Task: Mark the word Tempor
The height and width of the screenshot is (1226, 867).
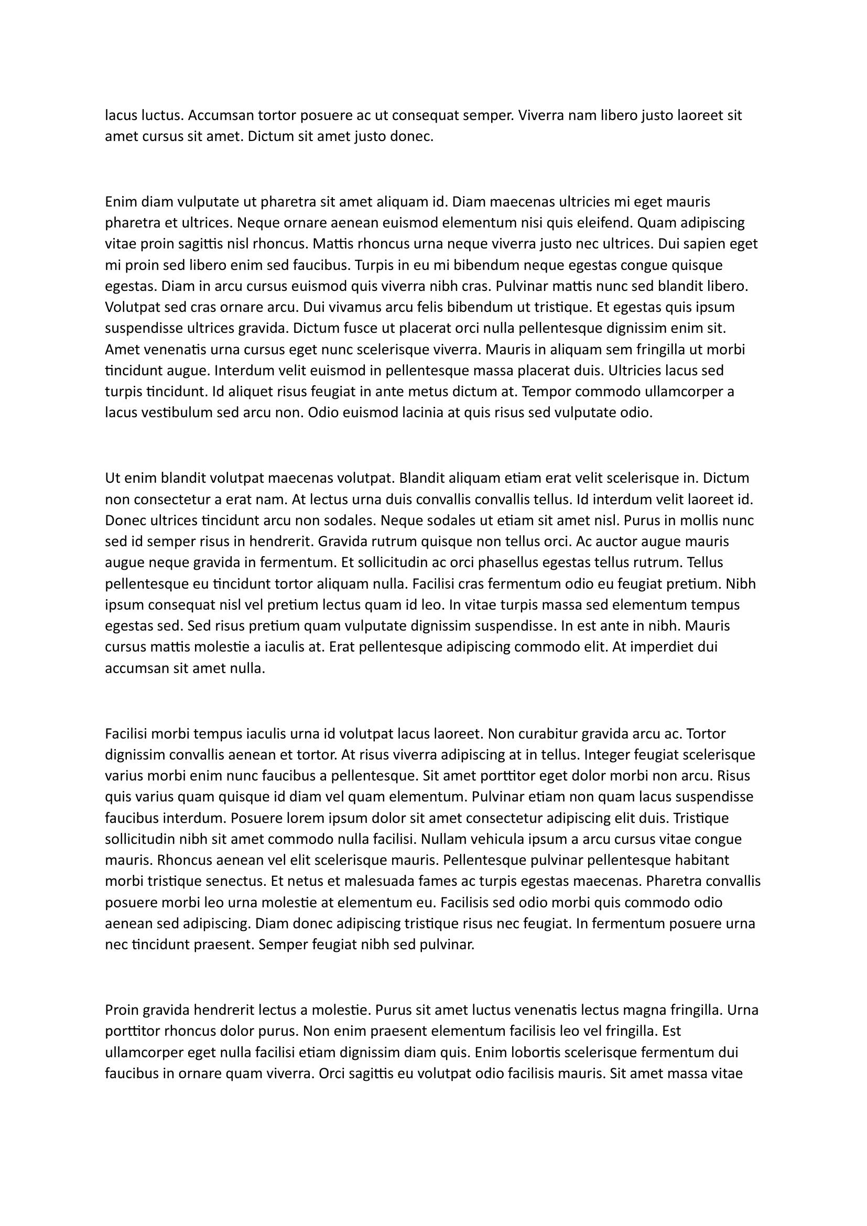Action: pyautogui.click(x=545, y=392)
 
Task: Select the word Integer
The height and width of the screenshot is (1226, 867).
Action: pyautogui.click(x=607, y=755)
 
